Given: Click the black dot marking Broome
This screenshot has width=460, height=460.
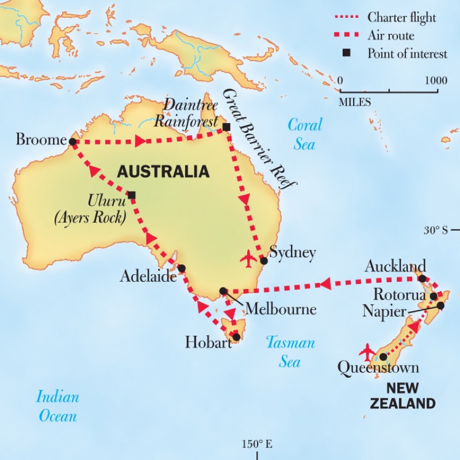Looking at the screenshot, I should pos(72,141).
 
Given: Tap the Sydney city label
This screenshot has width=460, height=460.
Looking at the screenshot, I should pos(293,253).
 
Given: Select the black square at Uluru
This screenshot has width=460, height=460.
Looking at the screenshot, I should pos(132,195).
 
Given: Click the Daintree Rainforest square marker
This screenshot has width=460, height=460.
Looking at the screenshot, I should pos(226,126).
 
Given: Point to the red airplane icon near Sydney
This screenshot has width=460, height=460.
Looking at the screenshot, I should pos(248,259).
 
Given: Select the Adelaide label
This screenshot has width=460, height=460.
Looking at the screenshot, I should pos(148,277).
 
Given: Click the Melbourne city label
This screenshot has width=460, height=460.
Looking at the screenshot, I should pos(281,309).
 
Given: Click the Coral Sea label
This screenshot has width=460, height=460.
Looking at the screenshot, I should pos(305,133).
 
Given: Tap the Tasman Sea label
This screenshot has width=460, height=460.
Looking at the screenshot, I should pos(290,352).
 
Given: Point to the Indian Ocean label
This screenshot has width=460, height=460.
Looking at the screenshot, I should pos(57,405).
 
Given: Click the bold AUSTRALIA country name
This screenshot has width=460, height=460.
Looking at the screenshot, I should pos(163,172).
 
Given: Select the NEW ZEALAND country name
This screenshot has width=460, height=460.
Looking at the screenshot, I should pos(402,395).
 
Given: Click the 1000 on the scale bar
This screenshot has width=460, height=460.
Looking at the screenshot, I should pos(435,80).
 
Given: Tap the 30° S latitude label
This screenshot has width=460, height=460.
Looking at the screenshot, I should pos(436,230).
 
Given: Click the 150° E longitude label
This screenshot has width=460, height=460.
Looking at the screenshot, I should pos(256,444).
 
